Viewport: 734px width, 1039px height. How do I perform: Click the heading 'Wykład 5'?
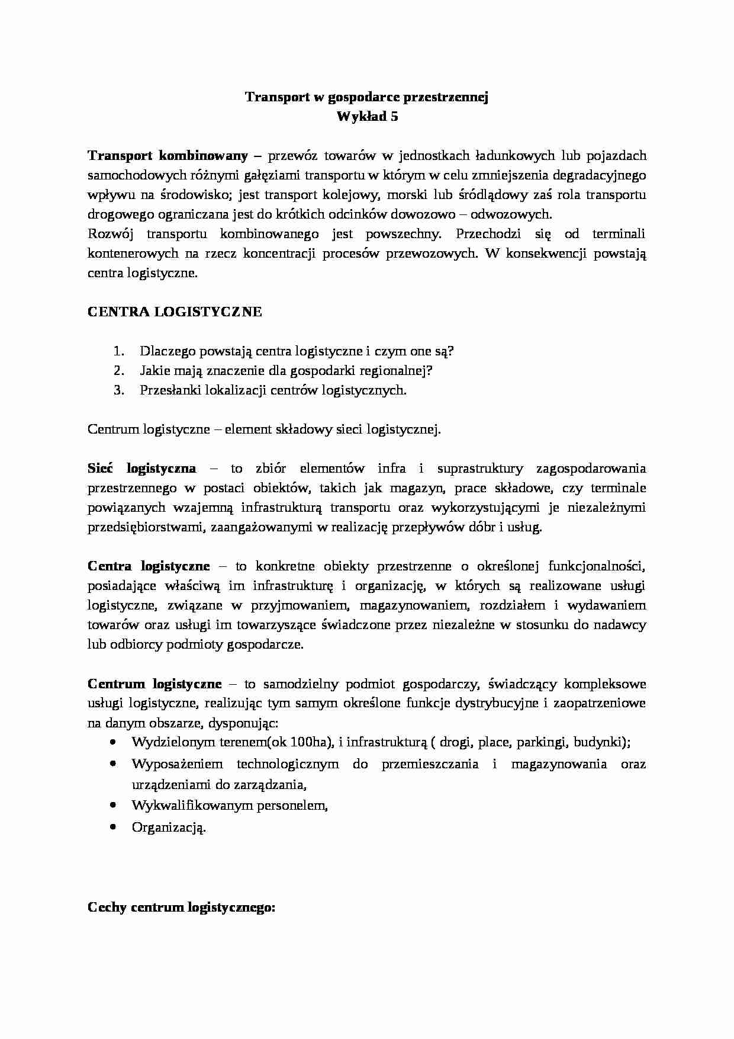367,117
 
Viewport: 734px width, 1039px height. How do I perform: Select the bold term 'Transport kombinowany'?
168,156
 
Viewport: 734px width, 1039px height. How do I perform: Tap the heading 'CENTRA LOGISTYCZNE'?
175,312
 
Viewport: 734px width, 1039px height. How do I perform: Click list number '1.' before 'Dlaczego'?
119,351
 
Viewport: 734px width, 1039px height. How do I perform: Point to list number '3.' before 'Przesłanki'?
119,390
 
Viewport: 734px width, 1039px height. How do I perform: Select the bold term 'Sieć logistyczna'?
141,469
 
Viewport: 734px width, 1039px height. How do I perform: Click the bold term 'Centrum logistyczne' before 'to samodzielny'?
154,684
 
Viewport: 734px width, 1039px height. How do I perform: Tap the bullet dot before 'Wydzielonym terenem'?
112,742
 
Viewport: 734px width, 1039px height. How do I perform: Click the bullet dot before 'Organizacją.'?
112,828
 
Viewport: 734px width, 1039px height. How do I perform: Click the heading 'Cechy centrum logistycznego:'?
181,908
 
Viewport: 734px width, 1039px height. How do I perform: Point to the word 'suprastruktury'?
480,469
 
